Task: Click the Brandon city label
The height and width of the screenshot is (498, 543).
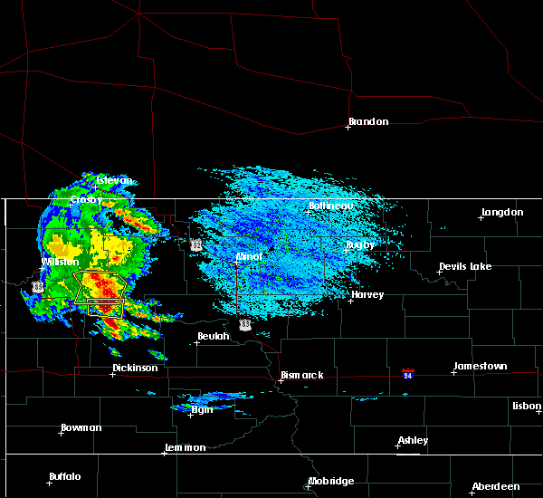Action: [368, 121]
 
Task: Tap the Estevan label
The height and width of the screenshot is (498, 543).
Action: [115, 180]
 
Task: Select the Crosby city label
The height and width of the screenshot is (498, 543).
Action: [86, 199]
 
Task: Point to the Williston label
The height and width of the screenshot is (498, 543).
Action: [61, 262]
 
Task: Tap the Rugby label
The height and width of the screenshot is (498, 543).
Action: [360, 244]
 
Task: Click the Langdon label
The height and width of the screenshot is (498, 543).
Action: [502, 212]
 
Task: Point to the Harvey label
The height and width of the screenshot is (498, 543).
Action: [367, 294]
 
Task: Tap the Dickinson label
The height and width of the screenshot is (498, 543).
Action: [135, 368]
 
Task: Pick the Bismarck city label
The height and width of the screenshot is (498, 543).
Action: [301, 374]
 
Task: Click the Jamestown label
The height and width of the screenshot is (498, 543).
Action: [480, 366]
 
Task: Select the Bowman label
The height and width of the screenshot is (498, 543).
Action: [81, 427]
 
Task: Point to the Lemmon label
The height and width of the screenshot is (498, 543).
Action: [186, 447]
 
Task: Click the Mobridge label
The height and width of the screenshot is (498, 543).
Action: [331, 481]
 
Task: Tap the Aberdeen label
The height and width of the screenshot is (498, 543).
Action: [497, 486]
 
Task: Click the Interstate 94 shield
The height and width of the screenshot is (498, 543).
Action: [408, 373]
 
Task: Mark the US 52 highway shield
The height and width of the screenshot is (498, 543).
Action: [195, 244]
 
